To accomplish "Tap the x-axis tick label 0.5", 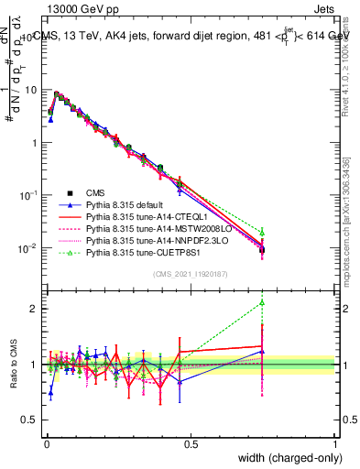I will tap(191, 443).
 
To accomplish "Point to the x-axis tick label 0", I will tap(46, 443).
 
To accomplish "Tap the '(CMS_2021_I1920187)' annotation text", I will tap(190, 272).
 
